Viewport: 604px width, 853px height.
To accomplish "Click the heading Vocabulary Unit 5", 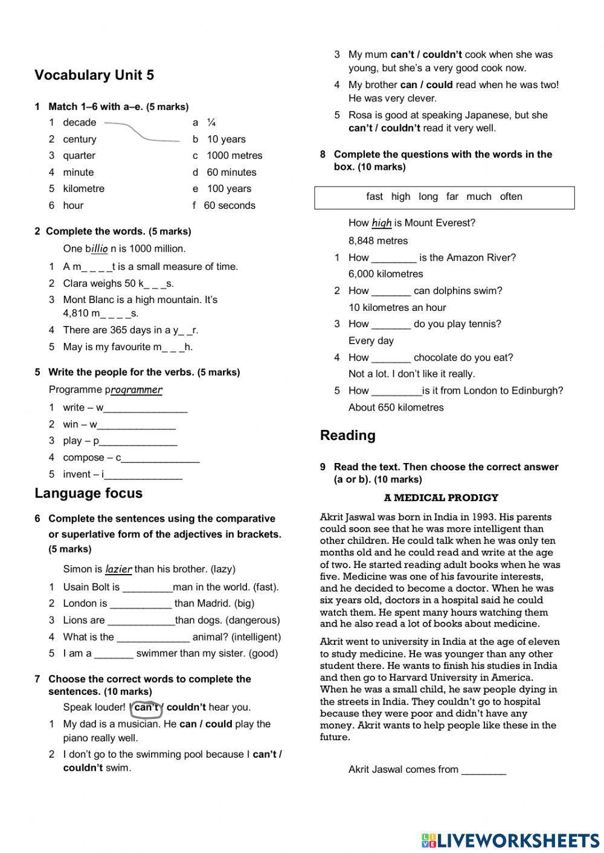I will tap(94, 75).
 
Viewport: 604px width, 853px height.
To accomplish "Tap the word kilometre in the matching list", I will tap(83, 188).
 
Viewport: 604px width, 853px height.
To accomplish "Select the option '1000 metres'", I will tap(234, 155).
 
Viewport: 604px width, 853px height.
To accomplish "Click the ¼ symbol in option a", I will tap(211, 123).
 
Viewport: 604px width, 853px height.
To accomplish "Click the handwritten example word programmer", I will tap(137, 390).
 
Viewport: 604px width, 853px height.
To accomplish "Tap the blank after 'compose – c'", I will tap(160, 458).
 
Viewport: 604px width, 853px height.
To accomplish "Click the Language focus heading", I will tap(89, 493).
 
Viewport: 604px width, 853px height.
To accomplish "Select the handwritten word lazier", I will tap(118, 569).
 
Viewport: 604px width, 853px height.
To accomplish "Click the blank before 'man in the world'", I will tap(147, 587).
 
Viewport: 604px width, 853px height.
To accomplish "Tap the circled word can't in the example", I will tap(146, 708).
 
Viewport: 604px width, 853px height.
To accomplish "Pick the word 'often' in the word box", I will tap(511, 196).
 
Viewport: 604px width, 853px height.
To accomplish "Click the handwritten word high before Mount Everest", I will tap(382, 223).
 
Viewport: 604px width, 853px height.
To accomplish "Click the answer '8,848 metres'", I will tap(378, 240).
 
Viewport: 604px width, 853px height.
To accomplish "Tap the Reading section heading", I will tap(347, 435).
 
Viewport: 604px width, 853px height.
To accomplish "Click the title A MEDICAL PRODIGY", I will tap(441, 497).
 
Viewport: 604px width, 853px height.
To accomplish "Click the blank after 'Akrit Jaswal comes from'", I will tap(483, 770).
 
